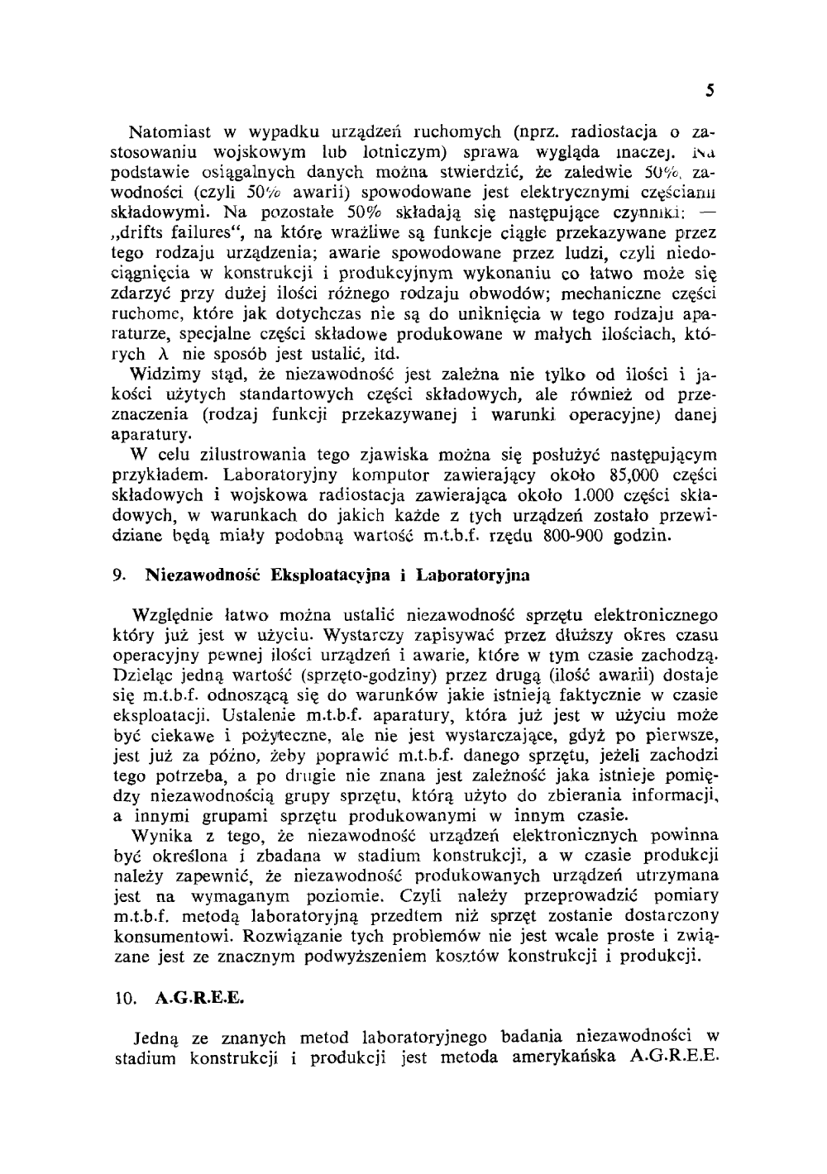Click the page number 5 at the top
[710, 91]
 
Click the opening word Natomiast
[165, 131]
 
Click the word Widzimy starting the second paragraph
[162, 375]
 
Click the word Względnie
[173, 615]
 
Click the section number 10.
[124, 998]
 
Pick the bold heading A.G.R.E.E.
[200, 998]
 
